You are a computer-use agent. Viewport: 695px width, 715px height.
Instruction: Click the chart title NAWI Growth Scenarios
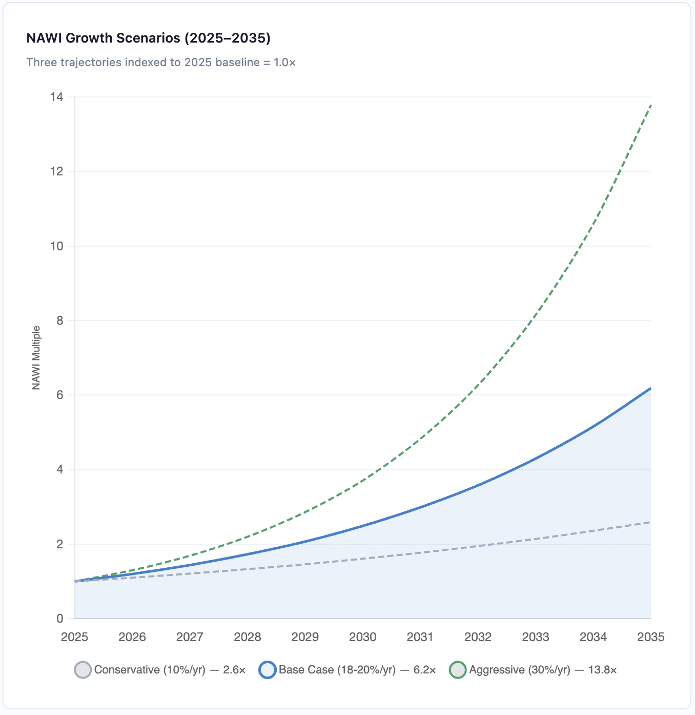(148, 38)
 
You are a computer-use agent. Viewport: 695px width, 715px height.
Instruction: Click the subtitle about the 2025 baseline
(161, 63)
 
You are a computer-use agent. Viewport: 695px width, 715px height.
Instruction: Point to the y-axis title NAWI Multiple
(36, 357)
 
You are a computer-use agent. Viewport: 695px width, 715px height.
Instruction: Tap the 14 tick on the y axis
(57, 97)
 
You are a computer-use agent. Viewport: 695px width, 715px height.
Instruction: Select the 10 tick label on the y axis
(57, 246)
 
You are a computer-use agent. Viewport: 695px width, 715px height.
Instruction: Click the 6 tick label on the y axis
(60, 395)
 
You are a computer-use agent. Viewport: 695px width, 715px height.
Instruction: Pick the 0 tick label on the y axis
(60, 619)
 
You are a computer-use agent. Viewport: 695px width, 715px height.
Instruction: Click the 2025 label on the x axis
(75, 637)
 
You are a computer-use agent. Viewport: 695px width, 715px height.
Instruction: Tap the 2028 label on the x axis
(248, 637)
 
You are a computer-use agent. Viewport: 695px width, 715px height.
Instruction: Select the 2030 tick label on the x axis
(363, 637)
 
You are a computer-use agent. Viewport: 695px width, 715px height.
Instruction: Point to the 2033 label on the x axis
(536, 637)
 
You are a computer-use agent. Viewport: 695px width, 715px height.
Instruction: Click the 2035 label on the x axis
(650, 637)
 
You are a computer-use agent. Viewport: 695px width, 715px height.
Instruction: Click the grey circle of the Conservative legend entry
(83, 670)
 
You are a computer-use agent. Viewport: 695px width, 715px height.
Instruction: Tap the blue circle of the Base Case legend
(268, 670)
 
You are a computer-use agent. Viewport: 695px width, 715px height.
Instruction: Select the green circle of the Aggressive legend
(458, 670)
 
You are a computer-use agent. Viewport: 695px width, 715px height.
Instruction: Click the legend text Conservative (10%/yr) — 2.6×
(170, 670)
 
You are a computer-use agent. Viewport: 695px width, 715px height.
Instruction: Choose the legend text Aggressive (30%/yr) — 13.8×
(543, 670)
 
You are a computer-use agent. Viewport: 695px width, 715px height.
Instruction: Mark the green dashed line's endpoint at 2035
(651, 105)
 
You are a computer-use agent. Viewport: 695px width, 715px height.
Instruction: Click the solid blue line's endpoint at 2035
(651, 388)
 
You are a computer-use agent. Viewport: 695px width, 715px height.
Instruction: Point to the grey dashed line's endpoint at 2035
(651, 522)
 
